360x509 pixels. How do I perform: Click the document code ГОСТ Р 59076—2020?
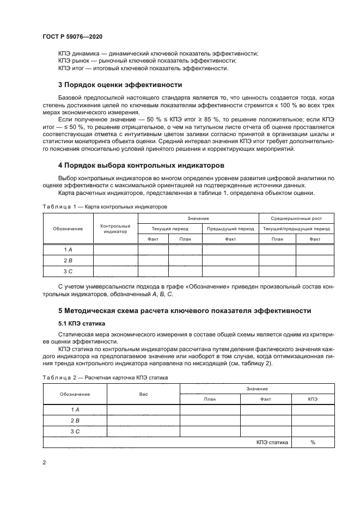tap(72, 36)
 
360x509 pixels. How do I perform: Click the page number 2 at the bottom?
tap(44, 462)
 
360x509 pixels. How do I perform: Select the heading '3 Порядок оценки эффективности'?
tap(120, 85)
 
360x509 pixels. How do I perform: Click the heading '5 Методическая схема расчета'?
tap(185, 311)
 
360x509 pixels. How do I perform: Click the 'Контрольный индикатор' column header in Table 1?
tap(115, 229)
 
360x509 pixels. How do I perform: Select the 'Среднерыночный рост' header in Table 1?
tap(296, 218)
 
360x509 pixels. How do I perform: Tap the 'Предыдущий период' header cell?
tap(230, 229)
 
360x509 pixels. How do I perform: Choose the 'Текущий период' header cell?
tap(169, 229)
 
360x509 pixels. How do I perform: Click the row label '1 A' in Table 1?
tap(68, 249)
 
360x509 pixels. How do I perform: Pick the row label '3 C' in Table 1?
tap(68, 271)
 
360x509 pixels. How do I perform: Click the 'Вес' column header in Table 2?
tap(143, 393)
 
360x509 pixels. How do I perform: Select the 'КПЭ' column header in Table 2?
tap(313, 398)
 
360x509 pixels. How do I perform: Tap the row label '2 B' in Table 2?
tap(75, 420)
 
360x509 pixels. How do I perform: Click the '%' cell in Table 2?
tap(313, 442)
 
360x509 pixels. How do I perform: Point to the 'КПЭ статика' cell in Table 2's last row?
tap(272, 442)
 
